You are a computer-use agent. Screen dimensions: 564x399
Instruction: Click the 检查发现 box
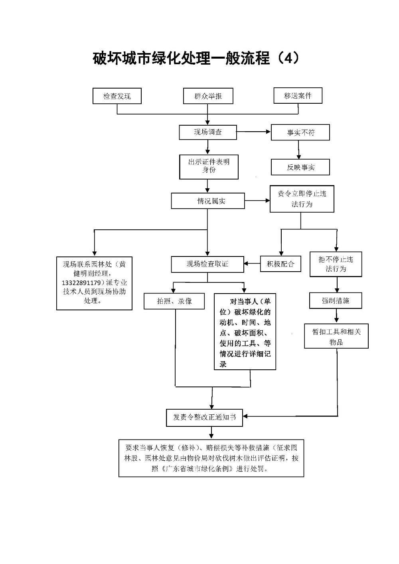click(117, 96)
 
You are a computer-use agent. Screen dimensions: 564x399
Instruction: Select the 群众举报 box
click(208, 96)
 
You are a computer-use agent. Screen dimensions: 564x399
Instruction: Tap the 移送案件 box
click(298, 96)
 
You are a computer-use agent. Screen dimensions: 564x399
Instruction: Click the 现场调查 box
click(207, 132)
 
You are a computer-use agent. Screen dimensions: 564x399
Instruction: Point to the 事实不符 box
click(300, 133)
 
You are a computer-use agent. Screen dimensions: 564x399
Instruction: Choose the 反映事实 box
click(300, 167)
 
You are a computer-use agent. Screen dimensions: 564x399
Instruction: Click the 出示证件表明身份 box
click(209, 167)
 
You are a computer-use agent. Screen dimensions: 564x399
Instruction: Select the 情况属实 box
click(207, 201)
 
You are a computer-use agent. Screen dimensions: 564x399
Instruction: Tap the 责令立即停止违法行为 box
click(302, 199)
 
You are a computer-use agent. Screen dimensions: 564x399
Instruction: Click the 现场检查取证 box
click(207, 264)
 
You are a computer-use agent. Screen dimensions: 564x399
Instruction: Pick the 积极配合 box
click(280, 264)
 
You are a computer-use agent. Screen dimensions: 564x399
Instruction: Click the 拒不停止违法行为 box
click(336, 264)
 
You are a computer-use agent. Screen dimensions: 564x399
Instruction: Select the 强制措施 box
click(336, 301)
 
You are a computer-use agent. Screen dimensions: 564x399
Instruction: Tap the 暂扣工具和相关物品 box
click(336, 336)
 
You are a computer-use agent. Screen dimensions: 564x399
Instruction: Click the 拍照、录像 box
click(174, 301)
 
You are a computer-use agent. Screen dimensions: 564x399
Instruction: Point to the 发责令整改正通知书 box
click(204, 417)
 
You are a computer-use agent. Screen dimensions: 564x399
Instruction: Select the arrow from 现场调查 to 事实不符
click(254, 132)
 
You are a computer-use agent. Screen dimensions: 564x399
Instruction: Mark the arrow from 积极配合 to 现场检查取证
click(252, 264)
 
